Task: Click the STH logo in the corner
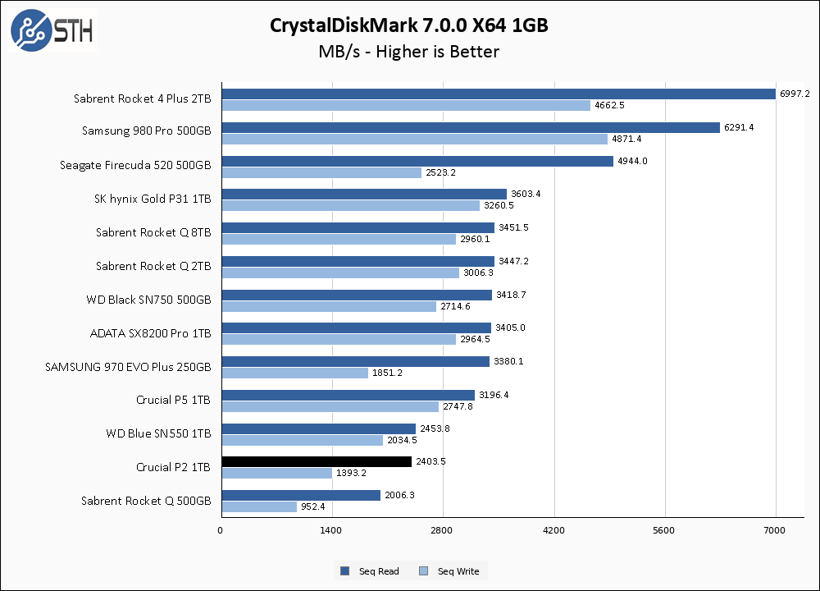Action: (x=52, y=30)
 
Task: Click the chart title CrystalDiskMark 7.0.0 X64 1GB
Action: (x=409, y=25)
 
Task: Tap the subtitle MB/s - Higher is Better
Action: (x=409, y=52)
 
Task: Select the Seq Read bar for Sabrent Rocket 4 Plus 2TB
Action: (x=498, y=94)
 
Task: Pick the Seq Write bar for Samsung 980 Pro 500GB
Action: (x=414, y=139)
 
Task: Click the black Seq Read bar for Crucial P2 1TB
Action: (x=316, y=461)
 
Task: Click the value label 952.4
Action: (x=313, y=506)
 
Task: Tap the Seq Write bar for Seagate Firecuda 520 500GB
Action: (x=321, y=172)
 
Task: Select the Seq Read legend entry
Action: (x=370, y=571)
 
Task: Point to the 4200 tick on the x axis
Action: (x=553, y=530)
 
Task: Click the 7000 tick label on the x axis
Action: (x=775, y=530)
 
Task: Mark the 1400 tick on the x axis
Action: (x=330, y=530)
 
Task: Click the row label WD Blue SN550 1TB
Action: (x=158, y=433)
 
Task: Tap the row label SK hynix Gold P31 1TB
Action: (x=153, y=199)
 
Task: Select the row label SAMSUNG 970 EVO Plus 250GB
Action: (x=128, y=367)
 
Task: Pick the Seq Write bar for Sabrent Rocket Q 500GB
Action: (x=258, y=506)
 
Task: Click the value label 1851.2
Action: (x=388, y=373)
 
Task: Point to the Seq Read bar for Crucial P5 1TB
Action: (x=348, y=395)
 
